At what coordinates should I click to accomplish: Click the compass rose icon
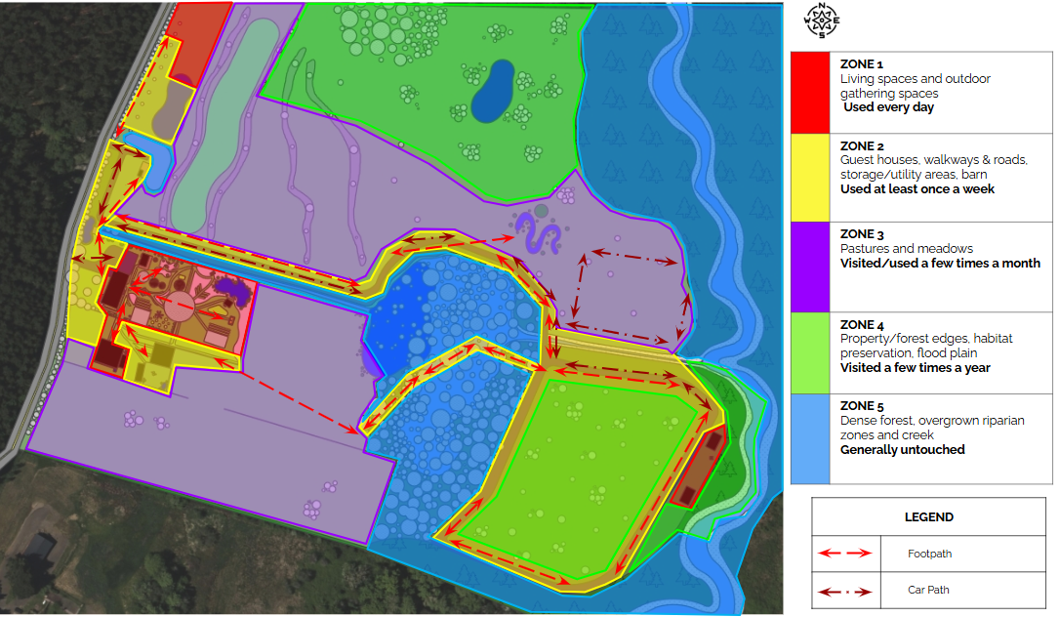(x=822, y=20)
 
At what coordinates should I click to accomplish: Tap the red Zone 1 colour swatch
(x=809, y=90)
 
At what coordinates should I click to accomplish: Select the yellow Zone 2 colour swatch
(x=809, y=178)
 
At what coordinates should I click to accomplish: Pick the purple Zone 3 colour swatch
(x=809, y=267)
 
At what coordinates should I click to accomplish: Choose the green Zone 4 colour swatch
(x=809, y=354)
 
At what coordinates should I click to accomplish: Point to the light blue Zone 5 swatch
(x=809, y=439)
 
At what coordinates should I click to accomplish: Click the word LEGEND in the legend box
(x=929, y=517)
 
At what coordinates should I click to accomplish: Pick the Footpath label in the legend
(x=929, y=554)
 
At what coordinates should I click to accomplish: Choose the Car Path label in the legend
(x=928, y=590)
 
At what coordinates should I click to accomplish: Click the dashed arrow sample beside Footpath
(x=844, y=554)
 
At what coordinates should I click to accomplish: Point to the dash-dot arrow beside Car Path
(x=844, y=591)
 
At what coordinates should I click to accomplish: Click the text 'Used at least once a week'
(x=917, y=188)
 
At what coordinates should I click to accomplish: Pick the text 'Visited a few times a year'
(x=916, y=368)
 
